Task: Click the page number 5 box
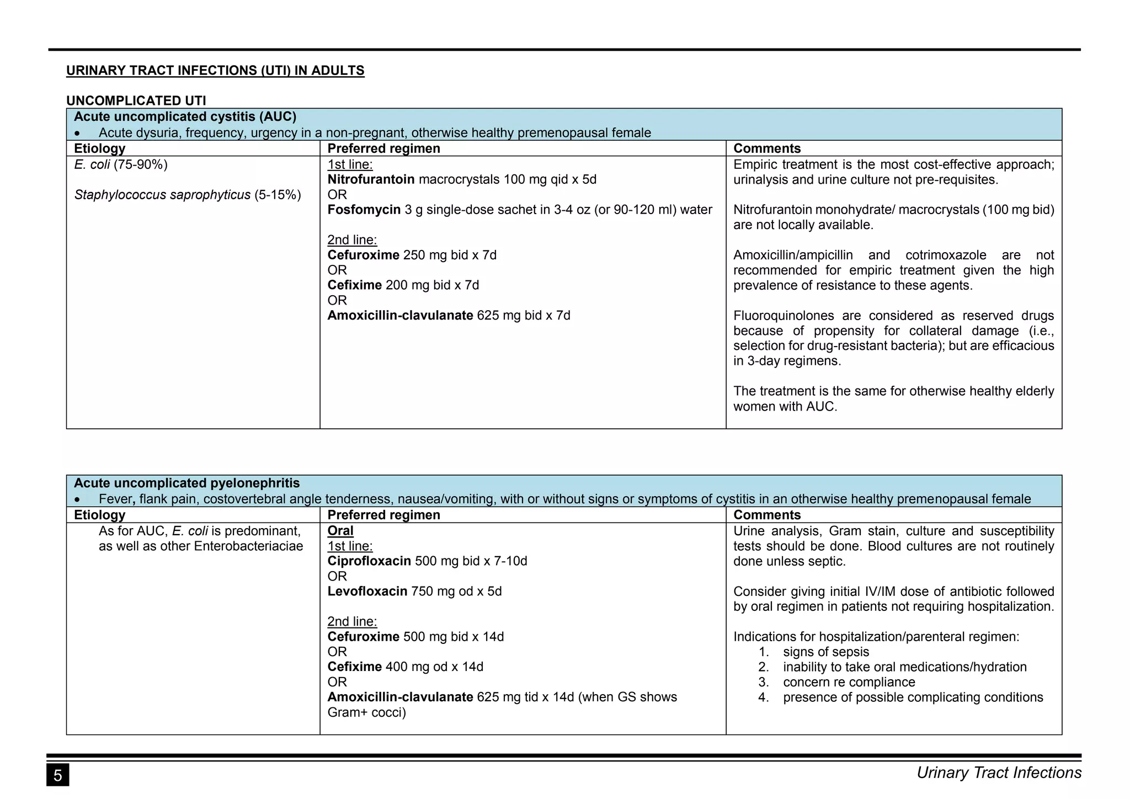[57, 775]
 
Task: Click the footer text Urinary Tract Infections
[999, 773]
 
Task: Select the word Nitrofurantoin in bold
[371, 180]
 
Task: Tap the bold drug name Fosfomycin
[364, 210]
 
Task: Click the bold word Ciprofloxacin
[369, 561]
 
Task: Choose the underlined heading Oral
[340, 531]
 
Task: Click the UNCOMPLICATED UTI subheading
[136, 100]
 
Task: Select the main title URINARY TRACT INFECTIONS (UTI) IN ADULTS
[215, 71]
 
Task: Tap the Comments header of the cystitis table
[766, 148]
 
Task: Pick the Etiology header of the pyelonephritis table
[100, 515]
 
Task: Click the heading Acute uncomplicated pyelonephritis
[186, 483]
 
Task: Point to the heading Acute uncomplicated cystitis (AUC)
[185, 117]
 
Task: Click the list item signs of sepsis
[826, 652]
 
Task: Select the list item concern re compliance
[849, 682]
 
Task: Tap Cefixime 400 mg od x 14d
[405, 667]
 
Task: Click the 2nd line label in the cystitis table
[352, 240]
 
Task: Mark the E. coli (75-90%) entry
[120, 164]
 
